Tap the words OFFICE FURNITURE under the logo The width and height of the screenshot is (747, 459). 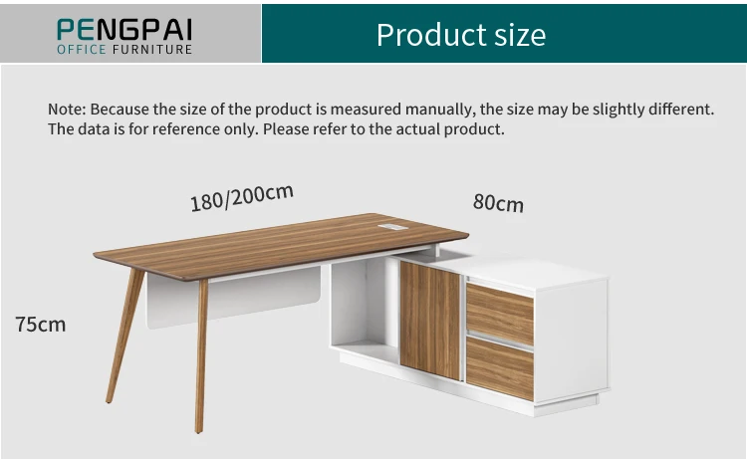point(124,49)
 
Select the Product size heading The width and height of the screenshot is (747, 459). point(461,35)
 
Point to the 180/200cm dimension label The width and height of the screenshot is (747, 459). point(242,197)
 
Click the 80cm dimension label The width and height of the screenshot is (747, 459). point(498,203)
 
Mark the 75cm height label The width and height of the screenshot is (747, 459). point(41,324)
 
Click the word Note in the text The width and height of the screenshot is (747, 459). point(66,109)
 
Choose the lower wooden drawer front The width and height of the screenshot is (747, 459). point(500,367)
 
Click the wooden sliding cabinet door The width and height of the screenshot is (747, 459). point(429,320)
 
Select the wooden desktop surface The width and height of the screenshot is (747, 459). point(279,239)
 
